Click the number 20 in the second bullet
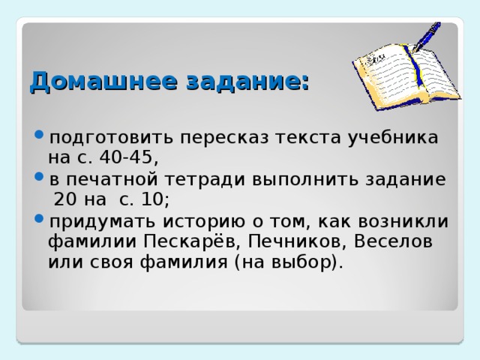[x=65, y=200]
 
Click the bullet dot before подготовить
[x=38, y=138]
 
